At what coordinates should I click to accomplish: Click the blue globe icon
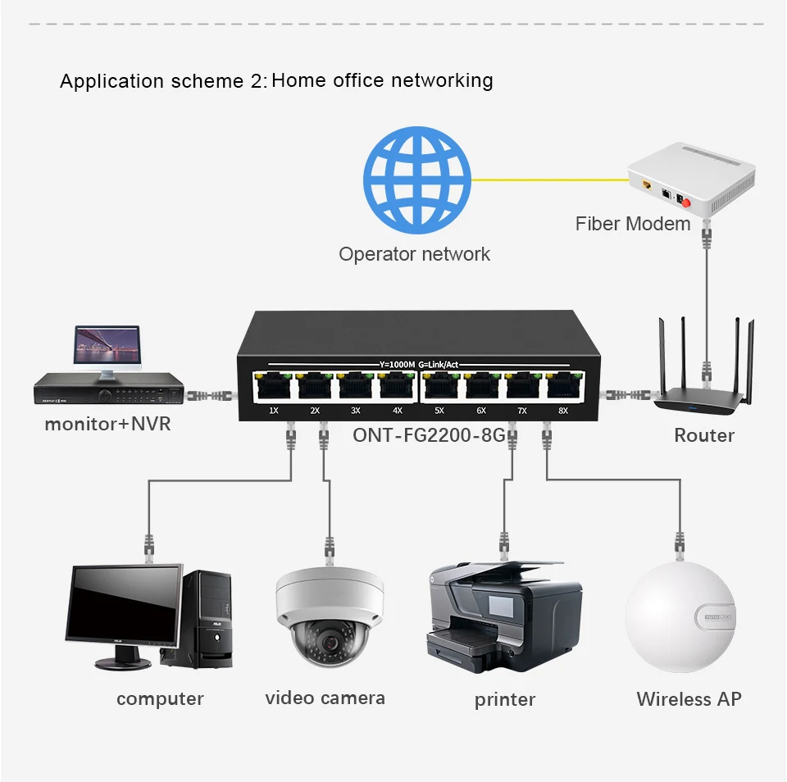(417, 180)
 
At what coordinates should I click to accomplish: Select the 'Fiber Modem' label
(633, 224)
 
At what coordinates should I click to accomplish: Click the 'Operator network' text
(414, 254)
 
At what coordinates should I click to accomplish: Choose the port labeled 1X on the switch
(274, 387)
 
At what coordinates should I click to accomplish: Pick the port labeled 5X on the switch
(440, 387)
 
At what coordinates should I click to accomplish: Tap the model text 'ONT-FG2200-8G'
(429, 434)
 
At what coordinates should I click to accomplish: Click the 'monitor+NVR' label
(107, 425)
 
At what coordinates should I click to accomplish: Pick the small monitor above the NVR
(107, 347)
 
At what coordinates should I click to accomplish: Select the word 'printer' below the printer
(505, 700)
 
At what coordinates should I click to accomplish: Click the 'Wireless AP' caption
(689, 699)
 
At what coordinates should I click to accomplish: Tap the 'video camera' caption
(325, 698)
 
